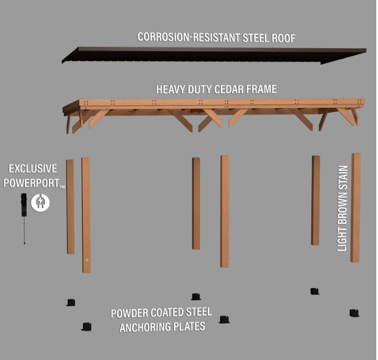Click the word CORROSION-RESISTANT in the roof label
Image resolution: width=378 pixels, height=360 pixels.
(188, 37)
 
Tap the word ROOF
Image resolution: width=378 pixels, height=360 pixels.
(283, 38)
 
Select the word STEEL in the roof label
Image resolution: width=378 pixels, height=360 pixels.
(256, 38)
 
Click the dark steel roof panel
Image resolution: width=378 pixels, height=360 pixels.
(214, 56)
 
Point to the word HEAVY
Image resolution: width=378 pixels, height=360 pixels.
(170, 89)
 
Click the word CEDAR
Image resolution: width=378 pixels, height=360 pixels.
(229, 89)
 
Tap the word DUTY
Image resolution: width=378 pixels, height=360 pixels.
(199, 89)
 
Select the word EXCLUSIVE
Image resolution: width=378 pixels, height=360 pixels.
(33, 169)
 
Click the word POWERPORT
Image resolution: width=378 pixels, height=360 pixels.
(31, 183)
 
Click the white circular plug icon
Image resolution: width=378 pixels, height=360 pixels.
(40, 203)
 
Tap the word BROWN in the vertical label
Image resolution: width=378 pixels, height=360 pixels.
(342, 209)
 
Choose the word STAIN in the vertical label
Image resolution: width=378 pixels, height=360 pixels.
(342, 178)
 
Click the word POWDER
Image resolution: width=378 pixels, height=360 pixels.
(129, 313)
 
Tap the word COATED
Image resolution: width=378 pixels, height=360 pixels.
(167, 312)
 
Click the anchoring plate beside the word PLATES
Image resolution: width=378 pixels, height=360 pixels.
(224, 319)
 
